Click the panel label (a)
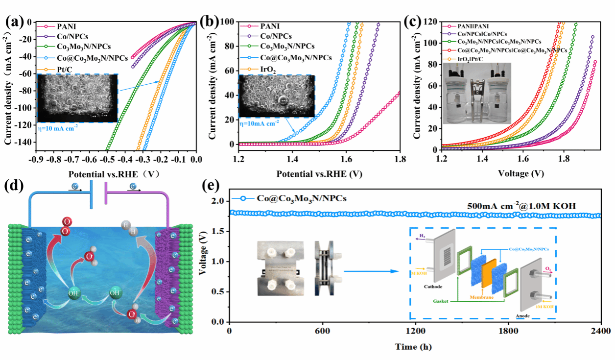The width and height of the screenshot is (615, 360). tap(15, 22)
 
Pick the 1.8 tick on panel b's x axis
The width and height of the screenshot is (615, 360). tap(400, 160)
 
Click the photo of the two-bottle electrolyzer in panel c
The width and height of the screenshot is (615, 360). tap(476, 93)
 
